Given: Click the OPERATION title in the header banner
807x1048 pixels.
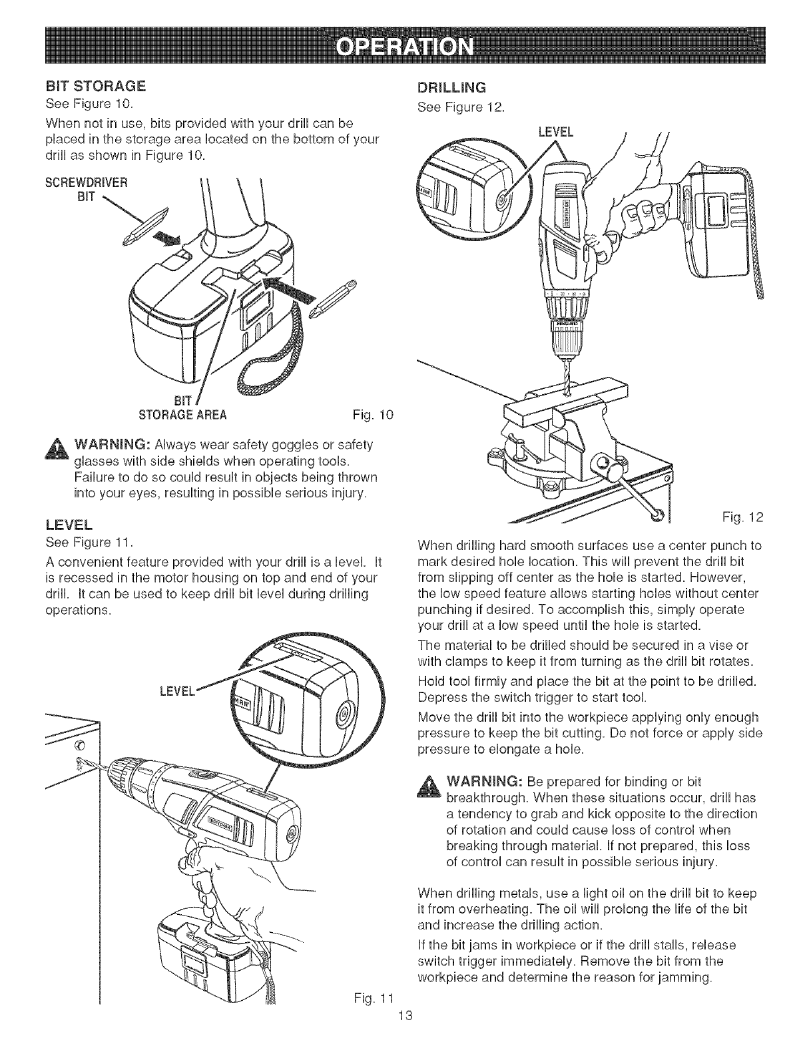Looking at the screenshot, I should coord(404,47).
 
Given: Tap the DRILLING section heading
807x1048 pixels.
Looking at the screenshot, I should coord(451,87).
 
